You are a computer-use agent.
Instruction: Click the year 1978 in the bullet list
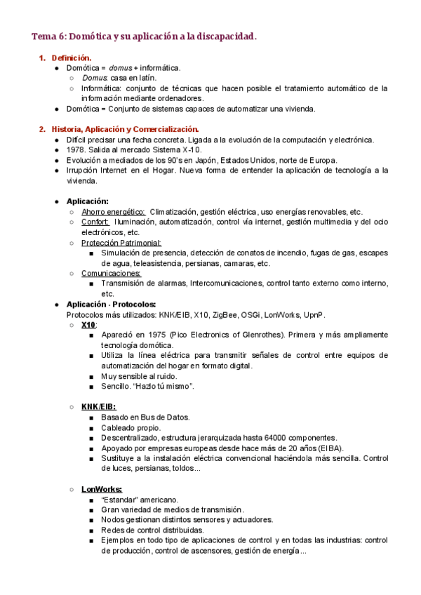[x=76, y=150]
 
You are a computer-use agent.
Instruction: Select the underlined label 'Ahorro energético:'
[x=113, y=212]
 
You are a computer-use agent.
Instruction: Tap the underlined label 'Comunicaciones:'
[x=111, y=273]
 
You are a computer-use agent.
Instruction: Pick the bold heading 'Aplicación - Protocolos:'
[x=111, y=305]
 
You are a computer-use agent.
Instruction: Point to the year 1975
[x=155, y=335]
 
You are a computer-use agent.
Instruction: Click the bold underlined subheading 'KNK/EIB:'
[x=98, y=406]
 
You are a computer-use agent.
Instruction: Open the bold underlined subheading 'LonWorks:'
[x=101, y=489]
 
